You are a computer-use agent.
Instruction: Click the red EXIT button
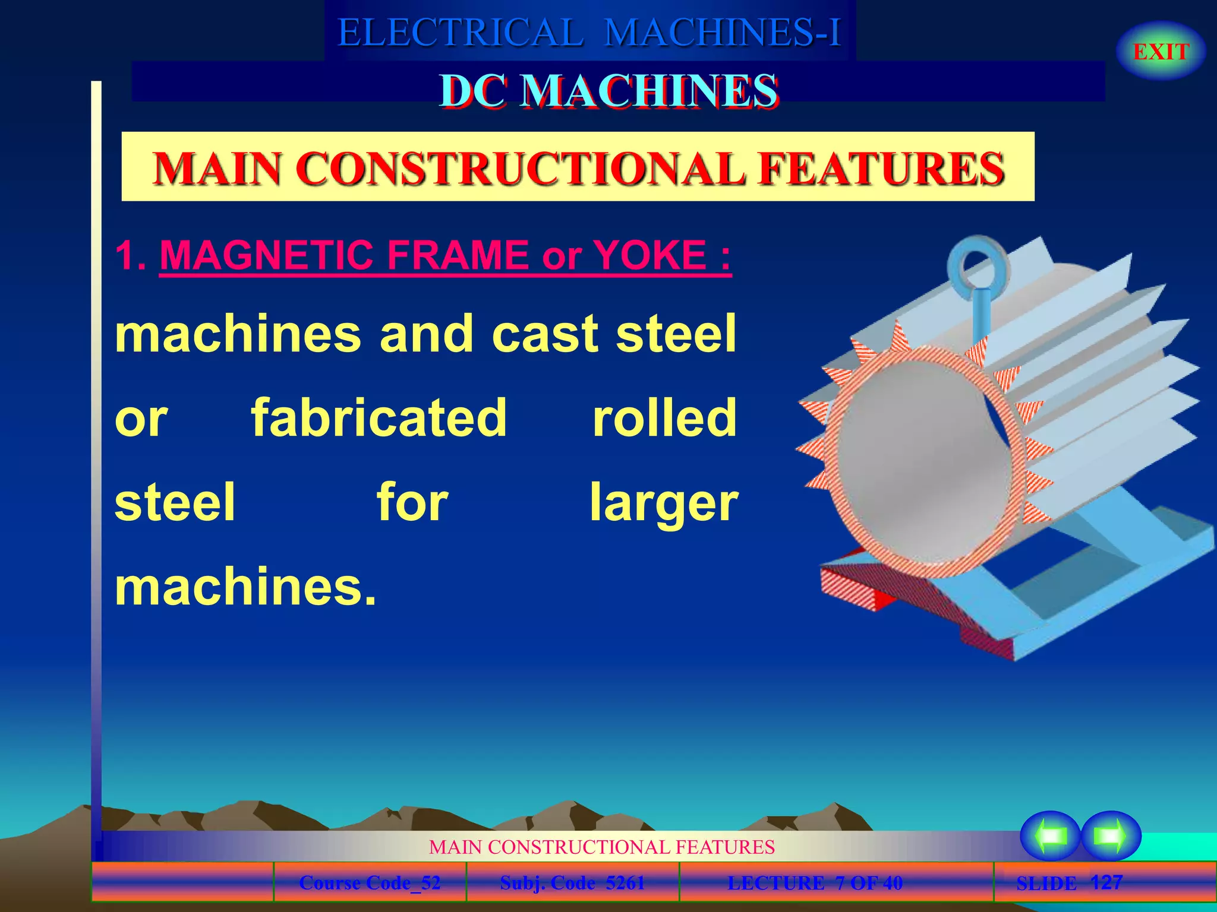[1161, 52]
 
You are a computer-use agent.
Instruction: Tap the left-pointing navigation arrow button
[1050, 835]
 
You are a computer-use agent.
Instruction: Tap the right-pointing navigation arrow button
[1110, 835]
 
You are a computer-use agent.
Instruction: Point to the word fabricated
[379, 418]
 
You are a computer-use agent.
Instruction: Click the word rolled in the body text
[664, 418]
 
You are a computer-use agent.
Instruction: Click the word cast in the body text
[545, 334]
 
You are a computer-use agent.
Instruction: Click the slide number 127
[1106, 882]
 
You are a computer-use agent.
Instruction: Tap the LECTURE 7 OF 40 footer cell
[815, 883]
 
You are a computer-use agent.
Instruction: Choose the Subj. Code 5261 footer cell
[572, 883]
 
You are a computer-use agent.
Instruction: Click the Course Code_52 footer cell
[370, 883]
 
